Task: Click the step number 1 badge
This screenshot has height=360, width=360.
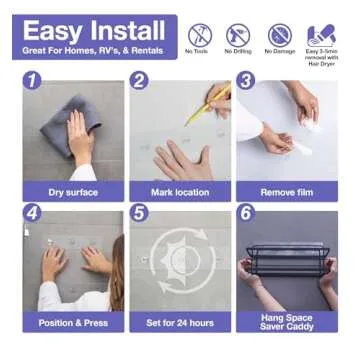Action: [x=32, y=81]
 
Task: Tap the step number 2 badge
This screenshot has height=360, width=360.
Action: [x=139, y=81]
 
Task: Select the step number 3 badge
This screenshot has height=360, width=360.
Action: [x=245, y=81]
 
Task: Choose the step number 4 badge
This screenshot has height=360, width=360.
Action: [x=32, y=212]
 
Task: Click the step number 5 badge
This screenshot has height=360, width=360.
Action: [x=139, y=212]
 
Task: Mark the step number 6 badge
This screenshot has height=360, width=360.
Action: [x=245, y=212]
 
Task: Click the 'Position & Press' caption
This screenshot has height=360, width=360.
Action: [x=73, y=323]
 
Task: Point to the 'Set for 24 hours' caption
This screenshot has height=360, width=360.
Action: [x=180, y=323]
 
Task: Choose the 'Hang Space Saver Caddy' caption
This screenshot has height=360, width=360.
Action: [x=286, y=322]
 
